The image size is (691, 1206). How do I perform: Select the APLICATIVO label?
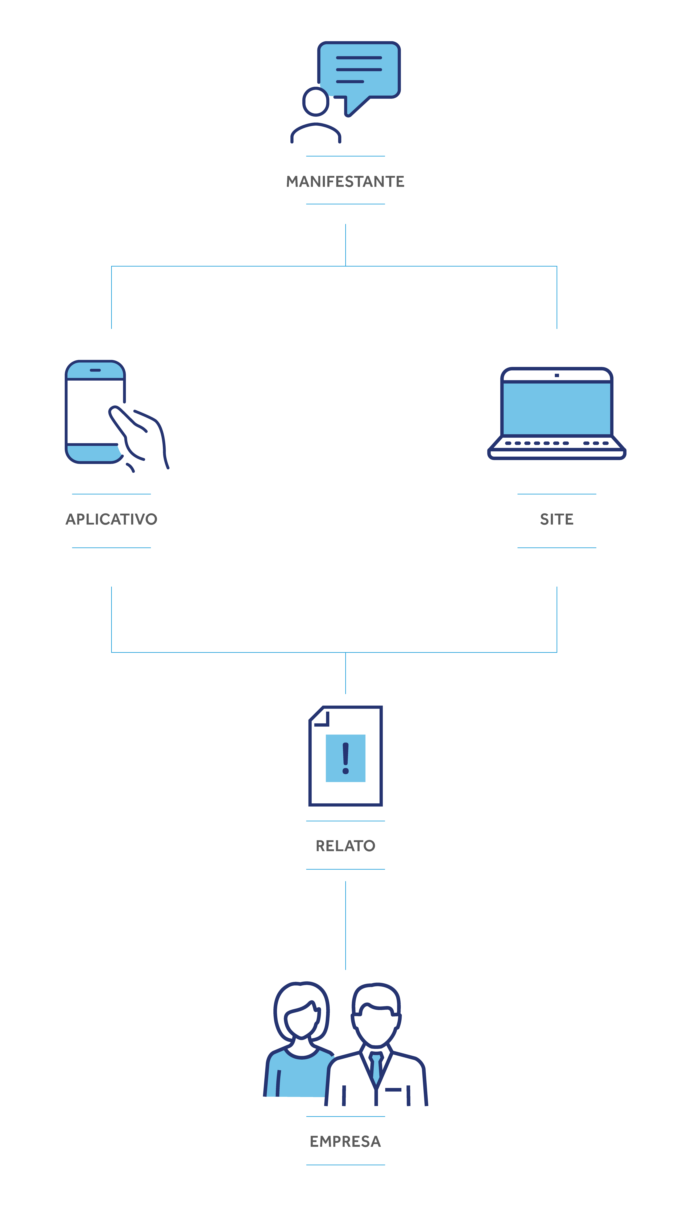tap(111, 519)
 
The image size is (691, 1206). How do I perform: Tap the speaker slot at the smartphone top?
tap(95, 370)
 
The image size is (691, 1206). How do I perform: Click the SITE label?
tap(557, 519)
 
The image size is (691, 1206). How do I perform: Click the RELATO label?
tap(345, 846)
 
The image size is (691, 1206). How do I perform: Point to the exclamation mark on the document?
tap(345, 758)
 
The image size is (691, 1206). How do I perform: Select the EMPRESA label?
tap(345, 1142)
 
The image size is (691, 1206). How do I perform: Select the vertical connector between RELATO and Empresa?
tap(345, 925)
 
